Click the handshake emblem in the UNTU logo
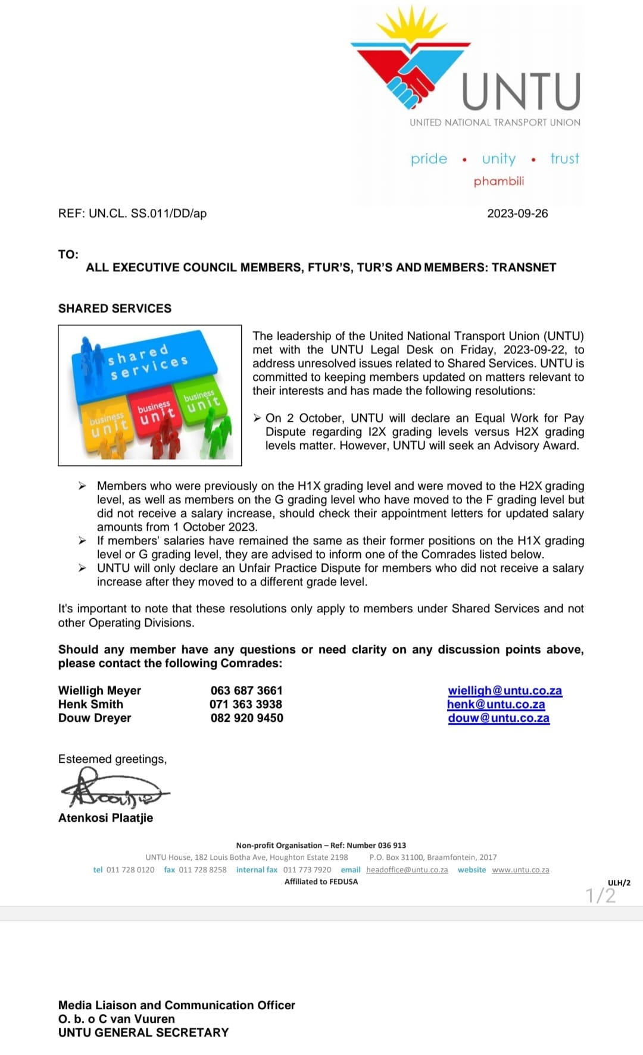(410, 83)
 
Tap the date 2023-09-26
(517, 214)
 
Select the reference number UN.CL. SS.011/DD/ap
(147, 214)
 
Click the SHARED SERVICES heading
(115, 308)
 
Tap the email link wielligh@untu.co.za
(505, 691)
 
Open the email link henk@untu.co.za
(496, 705)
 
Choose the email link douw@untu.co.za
(498, 718)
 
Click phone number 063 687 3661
(246, 691)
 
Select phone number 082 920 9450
(246, 718)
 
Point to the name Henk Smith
(90, 705)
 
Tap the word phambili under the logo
(499, 181)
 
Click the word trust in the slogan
(564, 158)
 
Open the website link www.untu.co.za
(520, 870)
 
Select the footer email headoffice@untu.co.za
(407, 870)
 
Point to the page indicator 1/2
(600, 896)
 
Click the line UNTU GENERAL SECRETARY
(143, 1033)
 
